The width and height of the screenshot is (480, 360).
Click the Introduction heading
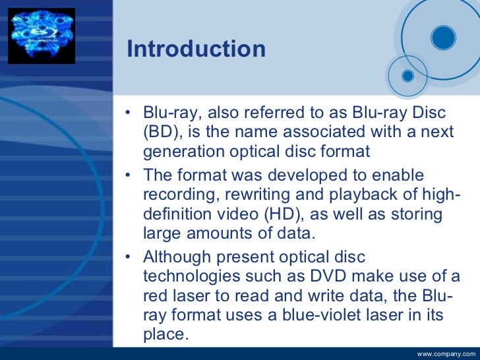(196, 49)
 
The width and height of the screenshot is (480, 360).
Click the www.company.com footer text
(446, 354)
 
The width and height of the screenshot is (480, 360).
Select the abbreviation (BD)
(162, 132)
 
